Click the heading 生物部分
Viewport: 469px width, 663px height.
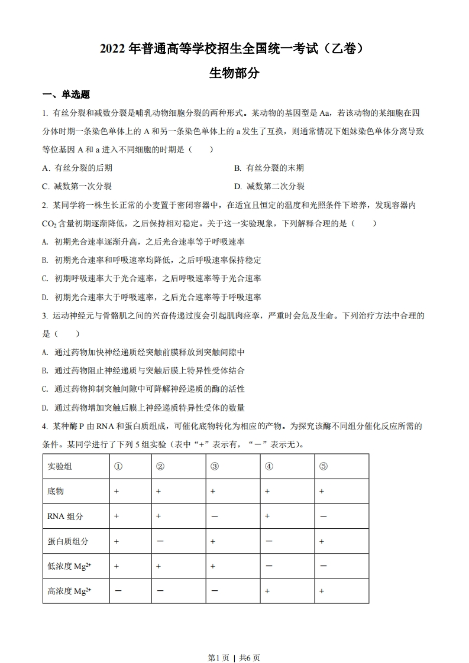[x=234, y=73]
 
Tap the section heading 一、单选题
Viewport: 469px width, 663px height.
[x=66, y=95]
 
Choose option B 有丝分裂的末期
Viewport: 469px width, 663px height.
[x=269, y=168]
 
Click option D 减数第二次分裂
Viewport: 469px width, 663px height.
[x=269, y=186]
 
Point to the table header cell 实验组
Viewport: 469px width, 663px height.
[x=60, y=466]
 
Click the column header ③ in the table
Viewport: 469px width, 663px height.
[x=214, y=466]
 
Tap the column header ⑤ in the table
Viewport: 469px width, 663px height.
[x=323, y=466]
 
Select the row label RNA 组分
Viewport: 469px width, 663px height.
[x=65, y=516]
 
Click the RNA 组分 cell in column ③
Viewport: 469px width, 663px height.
[x=214, y=516]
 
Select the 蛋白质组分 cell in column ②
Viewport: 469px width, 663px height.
[x=160, y=541]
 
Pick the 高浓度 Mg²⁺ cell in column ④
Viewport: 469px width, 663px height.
[x=269, y=591]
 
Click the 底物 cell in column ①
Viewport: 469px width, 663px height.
[x=117, y=491]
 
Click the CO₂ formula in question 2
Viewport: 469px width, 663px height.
[x=48, y=223]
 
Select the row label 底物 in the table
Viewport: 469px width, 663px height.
[x=56, y=491]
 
